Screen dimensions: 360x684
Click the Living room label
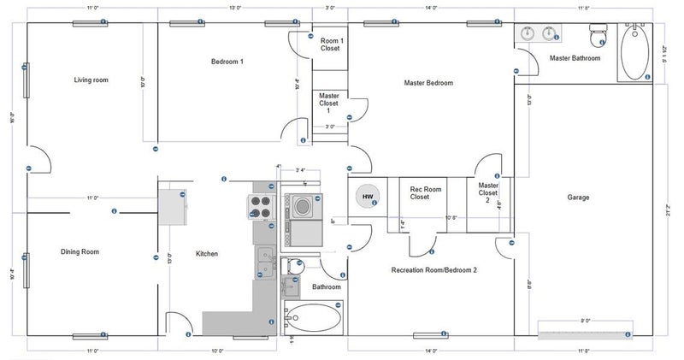pos(91,80)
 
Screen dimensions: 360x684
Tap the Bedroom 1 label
pos(228,62)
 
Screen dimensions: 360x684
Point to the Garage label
pos(578,198)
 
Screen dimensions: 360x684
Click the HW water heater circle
pos(368,198)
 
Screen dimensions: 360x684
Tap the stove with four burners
pos(260,206)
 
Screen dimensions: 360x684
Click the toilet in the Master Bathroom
pos(598,35)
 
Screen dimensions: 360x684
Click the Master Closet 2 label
pos(488,192)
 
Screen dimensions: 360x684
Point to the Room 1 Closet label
pos(331,44)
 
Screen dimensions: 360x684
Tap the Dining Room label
pos(80,252)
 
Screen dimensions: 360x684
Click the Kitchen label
pos(207,254)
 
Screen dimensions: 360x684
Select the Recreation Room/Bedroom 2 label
pos(433,270)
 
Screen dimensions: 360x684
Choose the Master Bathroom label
pos(575,59)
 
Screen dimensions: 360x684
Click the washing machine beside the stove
pos(303,205)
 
